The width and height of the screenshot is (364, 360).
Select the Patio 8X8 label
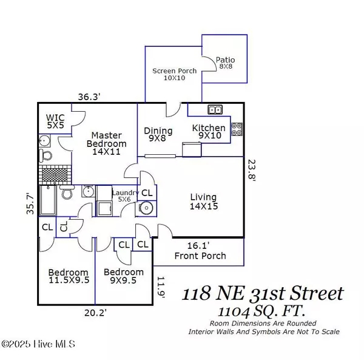[225, 63]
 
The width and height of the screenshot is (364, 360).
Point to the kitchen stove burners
[236, 129]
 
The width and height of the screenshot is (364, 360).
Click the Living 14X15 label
[203, 201]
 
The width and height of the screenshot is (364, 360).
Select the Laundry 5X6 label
[124, 195]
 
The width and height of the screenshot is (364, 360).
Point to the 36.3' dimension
[89, 96]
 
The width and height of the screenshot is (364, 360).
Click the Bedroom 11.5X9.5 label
[68, 276]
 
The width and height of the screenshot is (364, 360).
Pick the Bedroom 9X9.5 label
[124, 276]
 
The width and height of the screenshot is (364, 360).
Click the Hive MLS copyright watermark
[38, 344]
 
